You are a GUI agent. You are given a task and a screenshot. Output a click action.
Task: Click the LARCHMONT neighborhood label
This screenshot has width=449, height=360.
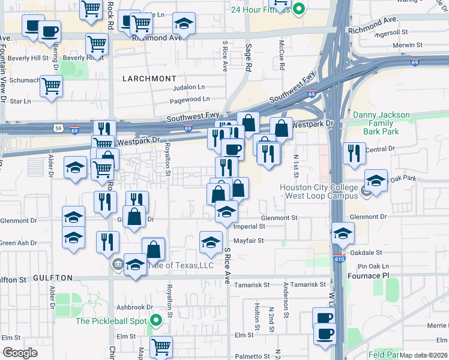coord(149,79)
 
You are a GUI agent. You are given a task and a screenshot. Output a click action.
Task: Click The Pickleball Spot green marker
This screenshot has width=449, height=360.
coord(157,321)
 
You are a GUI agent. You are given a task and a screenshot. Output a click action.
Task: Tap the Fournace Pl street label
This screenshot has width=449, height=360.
coord(369,275)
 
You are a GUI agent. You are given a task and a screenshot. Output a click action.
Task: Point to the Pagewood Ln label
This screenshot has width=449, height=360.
coord(190,99)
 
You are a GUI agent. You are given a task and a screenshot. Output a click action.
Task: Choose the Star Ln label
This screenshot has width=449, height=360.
coord(20,101)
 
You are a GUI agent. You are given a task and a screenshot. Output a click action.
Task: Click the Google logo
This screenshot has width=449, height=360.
coord(20,353)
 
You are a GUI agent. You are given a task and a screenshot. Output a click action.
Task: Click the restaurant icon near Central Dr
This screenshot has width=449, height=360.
coord(355,153)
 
